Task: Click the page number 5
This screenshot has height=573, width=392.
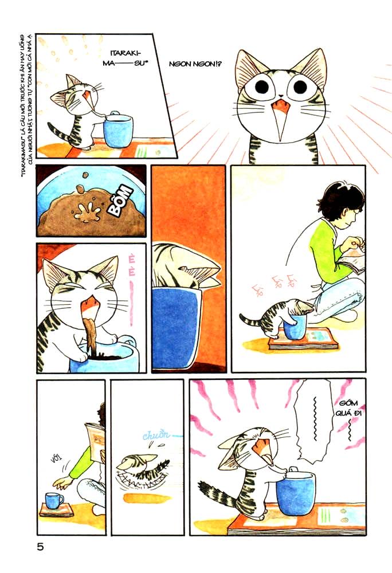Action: click(40, 547)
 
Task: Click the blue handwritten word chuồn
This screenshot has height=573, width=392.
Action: click(155, 435)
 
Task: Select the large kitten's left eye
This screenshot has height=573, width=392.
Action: click(262, 87)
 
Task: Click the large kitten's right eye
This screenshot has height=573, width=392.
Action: click(299, 87)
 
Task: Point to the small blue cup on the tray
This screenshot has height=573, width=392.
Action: click(54, 500)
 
